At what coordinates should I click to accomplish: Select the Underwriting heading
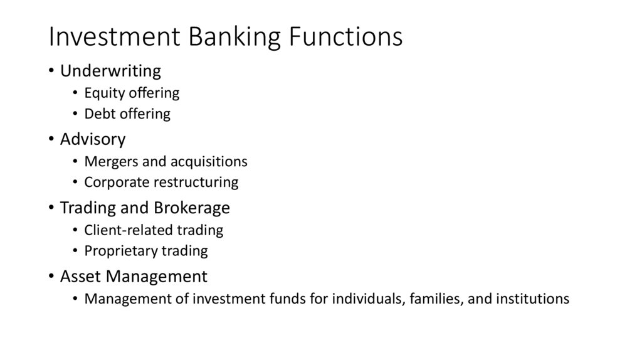(x=110, y=70)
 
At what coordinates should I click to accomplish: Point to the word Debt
(x=98, y=114)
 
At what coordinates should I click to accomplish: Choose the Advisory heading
(x=93, y=139)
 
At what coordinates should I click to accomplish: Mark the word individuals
(x=366, y=299)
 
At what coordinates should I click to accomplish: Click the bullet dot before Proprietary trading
(x=75, y=251)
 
